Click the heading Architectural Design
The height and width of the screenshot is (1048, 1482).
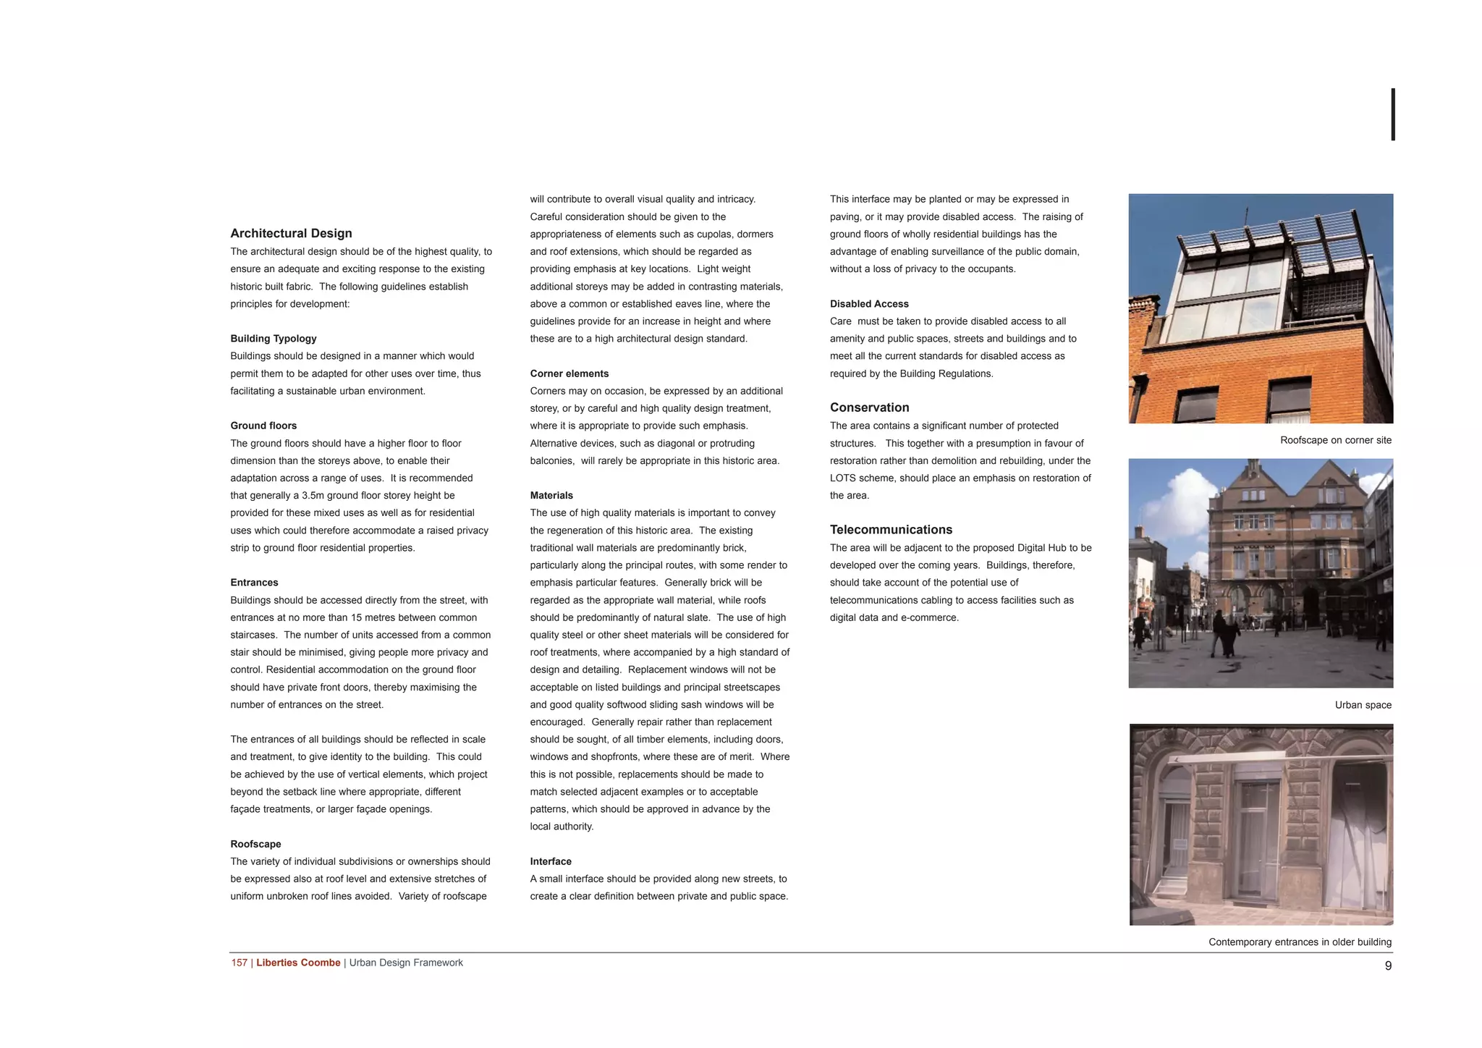tap(291, 233)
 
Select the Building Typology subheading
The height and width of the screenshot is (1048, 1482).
tap(274, 339)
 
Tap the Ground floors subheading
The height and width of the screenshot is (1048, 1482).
tap(263, 426)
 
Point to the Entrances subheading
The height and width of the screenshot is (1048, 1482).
tap(254, 583)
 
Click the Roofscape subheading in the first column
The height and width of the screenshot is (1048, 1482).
tap(255, 844)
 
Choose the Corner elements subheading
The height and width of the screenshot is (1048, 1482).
tap(569, 373)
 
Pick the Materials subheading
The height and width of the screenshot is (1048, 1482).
tap(551, 495)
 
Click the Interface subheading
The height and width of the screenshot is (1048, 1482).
tap(551, 861)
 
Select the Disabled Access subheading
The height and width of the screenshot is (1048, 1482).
tap(869, 304)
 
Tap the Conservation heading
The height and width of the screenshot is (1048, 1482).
tap(869, 407)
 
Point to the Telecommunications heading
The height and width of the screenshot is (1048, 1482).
tap(891, 530)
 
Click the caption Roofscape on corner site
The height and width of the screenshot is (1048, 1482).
tap(1335, 440)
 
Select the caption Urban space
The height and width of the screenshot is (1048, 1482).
tap(1363, 705)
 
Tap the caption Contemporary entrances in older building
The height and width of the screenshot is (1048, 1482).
tap(1300, 942)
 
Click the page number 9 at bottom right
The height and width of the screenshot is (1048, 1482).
tap(1388, 965)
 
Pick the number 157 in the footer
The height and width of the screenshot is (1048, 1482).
tap(240, 963)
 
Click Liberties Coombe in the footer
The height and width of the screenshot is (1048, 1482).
tap(298, 963)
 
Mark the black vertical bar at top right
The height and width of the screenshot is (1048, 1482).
tap(1393, 114)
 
